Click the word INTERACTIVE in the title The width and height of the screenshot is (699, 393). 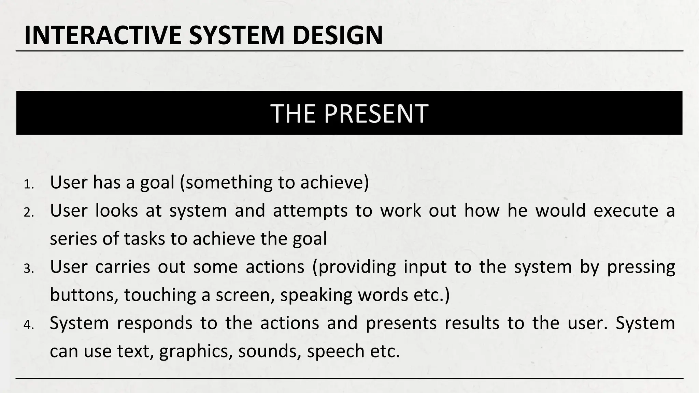click(x=103, y=35)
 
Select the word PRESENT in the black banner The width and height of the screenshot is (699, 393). click(x=376, y=113)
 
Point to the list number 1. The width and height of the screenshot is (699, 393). click(x=29, y=185)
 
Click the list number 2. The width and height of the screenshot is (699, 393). click(x=29, y=213)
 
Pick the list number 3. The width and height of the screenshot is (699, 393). click(x=29, y=269)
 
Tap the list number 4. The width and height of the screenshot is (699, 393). click(x=29, y=325)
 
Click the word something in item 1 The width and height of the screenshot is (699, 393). click(x=228, y=182)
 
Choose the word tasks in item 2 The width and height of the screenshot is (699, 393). click(x=144, y=238)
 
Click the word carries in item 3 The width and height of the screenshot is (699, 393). click(x=123, y=266)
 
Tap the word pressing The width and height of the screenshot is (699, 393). click(x=641, y=267)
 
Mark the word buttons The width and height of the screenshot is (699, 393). click(x=84, y=295)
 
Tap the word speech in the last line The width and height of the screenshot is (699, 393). click(x=336, y=352)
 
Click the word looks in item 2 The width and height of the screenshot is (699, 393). click(x=116, y=210)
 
